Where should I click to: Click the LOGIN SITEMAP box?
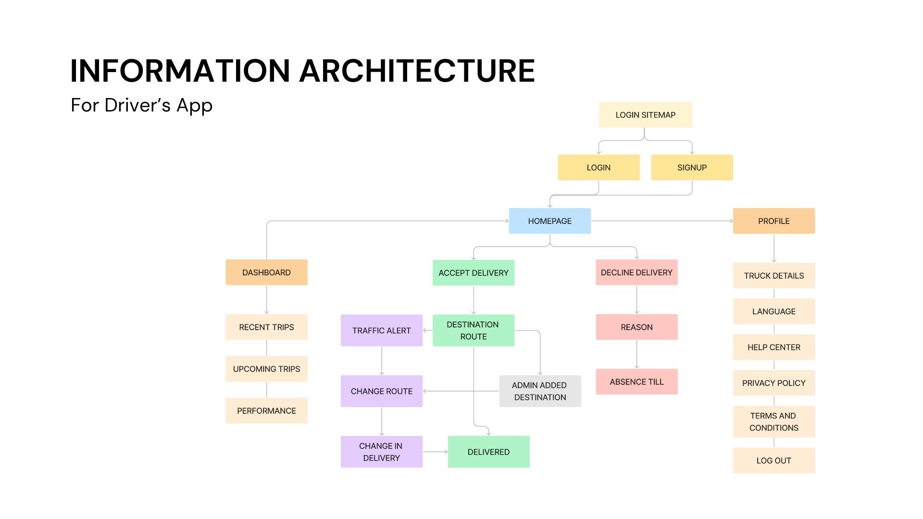point(645,115)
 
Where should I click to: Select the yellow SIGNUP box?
point(692,168)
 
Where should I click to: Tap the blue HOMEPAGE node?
point(550,221)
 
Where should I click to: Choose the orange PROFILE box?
point(774,221)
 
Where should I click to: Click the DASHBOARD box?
point(266,272)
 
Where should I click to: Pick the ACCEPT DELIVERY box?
point(474,273)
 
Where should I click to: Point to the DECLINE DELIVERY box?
point(636,272)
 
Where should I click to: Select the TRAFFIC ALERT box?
point(382,331)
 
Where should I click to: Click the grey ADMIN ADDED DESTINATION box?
point(540,391)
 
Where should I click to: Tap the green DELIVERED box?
point(488,452)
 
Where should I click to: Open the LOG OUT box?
point(774,460)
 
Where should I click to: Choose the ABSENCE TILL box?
point(636,382)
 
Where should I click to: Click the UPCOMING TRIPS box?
point(266,369)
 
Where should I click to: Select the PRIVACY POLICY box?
point(774,383)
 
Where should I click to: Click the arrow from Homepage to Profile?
point(662,221)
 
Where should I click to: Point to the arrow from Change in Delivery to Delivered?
point(435,452)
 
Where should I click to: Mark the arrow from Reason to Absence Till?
point(637,354)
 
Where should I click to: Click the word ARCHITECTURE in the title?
point(417,71)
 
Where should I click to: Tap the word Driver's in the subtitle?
point(137,105)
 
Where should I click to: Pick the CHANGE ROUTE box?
point(382,391)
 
